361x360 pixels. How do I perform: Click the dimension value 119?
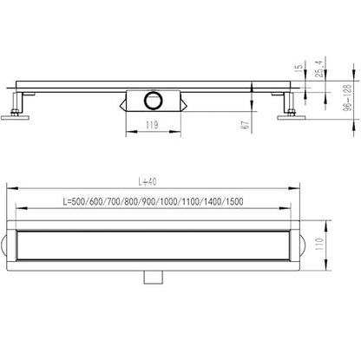[x=152, y=125]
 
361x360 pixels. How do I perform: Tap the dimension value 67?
[x=245, y=125]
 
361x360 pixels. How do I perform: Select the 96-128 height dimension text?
[x=348, y=98]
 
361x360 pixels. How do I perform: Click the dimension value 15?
[x=299, y=68]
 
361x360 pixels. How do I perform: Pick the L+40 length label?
[x=148, y=181]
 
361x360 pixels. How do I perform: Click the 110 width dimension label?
[x=319, y=245]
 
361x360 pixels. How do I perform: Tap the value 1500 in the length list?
[x=234, y=201]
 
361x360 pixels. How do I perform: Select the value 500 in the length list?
[x=78, y=201]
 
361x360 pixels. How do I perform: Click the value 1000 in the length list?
[x=168, y=201]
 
